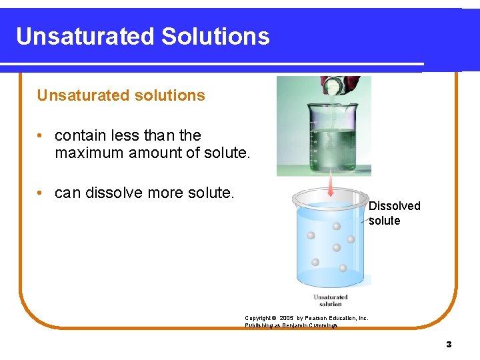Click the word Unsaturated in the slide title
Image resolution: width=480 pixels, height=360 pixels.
(x=83, y=36)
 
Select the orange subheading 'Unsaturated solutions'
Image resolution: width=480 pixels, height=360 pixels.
(x=121, y=95)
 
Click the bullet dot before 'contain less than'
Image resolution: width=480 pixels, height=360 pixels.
(x=41, y=136)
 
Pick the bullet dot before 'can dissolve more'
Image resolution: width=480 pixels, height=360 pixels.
(x=41, y=193)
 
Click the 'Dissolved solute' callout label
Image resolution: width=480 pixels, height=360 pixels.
(x=394, y=213)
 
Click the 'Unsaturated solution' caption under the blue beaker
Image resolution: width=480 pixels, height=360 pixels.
(x=330, y=300)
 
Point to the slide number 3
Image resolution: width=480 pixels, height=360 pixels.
(x=449, y=345)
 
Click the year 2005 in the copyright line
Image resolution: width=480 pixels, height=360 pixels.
(x=286, y=319)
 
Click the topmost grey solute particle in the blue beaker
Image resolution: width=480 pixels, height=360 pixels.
(x=337, y=227)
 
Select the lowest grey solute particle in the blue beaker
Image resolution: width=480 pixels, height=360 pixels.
(x=343, y=268)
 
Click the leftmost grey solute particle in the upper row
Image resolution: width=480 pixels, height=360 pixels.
(x=311, y=235)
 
